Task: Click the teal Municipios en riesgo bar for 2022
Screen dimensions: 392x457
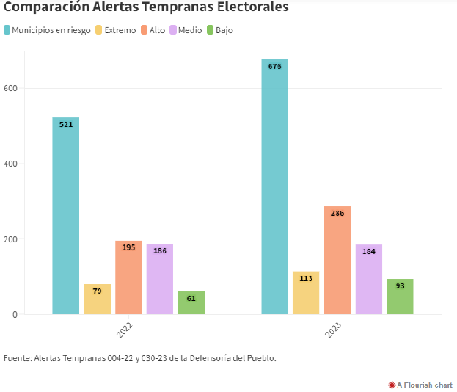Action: (65, 216)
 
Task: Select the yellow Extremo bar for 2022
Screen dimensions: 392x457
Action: (98, 299)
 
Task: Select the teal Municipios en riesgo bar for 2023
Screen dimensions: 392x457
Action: (274, 186)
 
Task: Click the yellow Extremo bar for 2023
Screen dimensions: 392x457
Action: (306, 293)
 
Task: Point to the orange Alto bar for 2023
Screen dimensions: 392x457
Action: (337, 260)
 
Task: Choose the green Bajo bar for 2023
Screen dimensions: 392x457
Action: (400, 297)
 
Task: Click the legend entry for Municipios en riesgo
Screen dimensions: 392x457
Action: (51, 30)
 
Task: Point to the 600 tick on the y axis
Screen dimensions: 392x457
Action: (10, 88)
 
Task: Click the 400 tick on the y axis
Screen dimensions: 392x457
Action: (10, 164)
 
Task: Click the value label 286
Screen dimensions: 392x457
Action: (337, 213)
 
